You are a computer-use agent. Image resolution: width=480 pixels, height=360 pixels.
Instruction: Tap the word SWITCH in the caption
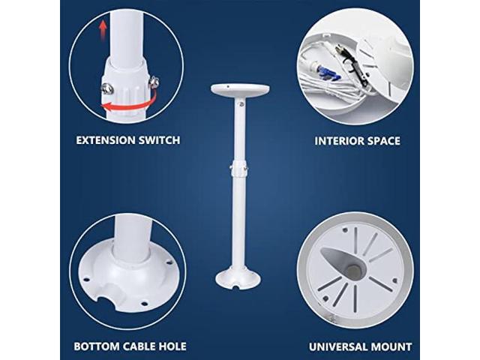pyautogui.click(x=158, y=139)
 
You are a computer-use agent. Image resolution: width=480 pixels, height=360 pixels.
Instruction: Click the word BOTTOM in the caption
pyautogui.click(x=93, y=346)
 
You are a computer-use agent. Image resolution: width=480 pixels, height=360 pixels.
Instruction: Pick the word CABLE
pyautogui.click(x=137, y=346)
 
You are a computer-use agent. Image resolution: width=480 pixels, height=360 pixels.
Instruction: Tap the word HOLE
pyautogui.click(x=172, y=346)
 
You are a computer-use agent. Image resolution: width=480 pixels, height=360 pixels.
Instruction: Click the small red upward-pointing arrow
pyautogui.click(x=102, y=32)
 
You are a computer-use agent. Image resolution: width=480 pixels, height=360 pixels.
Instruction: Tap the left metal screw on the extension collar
pyautogui.click(x=106, y=87)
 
